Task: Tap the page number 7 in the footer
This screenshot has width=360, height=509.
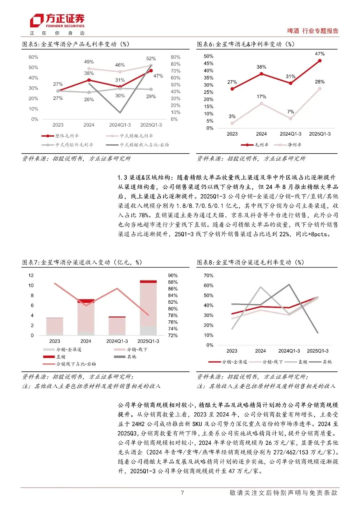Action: click(182, 493)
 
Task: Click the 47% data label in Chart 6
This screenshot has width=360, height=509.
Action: click(320, 54)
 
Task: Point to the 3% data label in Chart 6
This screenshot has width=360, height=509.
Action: click(232, 116)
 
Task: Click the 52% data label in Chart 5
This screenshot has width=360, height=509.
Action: click(151, 58)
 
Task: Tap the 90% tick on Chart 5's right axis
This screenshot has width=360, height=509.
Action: click(175, 57)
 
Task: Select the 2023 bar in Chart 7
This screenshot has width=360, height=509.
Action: click(55, 326)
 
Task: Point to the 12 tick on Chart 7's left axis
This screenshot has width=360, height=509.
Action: click(31, 275)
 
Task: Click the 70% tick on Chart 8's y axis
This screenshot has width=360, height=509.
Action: click(208, 276)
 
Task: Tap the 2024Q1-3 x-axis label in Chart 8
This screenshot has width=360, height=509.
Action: click(289, 351)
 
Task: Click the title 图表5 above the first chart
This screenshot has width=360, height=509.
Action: click(76, 44)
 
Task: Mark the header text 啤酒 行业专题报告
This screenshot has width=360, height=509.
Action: click(312, 31)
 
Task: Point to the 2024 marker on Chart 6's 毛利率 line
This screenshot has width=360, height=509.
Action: click(261, 74)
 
